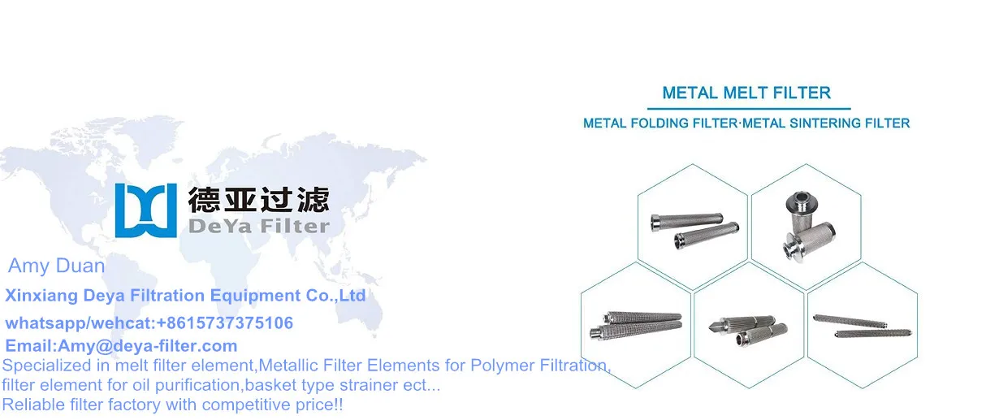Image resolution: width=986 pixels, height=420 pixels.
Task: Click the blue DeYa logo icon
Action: pos(145,210)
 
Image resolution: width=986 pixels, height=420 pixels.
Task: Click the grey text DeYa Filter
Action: pos(258,226)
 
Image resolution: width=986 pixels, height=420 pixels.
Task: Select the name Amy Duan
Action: pos(56,266)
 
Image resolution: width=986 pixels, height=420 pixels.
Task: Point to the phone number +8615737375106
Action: pos(224,323)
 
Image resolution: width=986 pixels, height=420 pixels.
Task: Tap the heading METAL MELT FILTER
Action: pos(746,93)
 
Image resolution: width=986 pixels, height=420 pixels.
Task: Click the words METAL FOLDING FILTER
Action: pos(660,123)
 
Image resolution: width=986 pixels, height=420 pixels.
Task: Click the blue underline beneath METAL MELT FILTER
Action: pos(748,108)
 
